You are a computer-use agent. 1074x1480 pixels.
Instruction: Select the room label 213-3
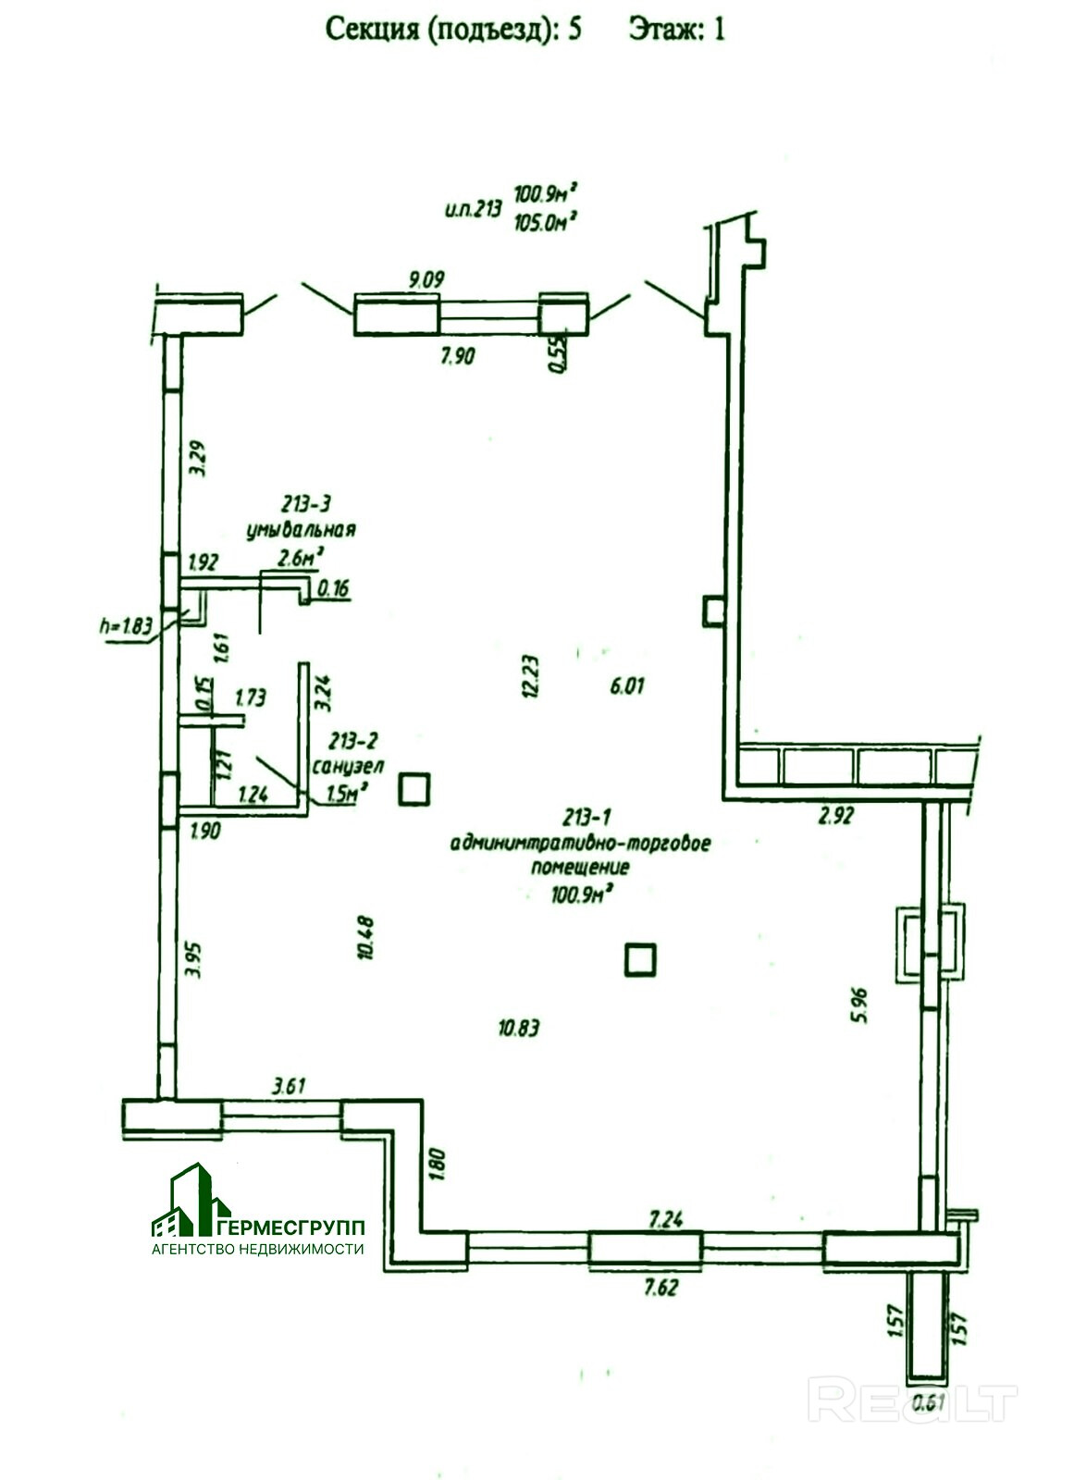[304, 504]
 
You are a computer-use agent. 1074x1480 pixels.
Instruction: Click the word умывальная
[301, 530]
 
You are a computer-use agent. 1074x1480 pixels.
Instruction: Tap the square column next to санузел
[414, 789]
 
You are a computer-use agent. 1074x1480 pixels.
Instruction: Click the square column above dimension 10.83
[639, 959]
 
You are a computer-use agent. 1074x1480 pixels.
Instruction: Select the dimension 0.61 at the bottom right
[931, 1403]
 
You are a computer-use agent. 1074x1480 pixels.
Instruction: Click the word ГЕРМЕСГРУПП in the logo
[295, 1227]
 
